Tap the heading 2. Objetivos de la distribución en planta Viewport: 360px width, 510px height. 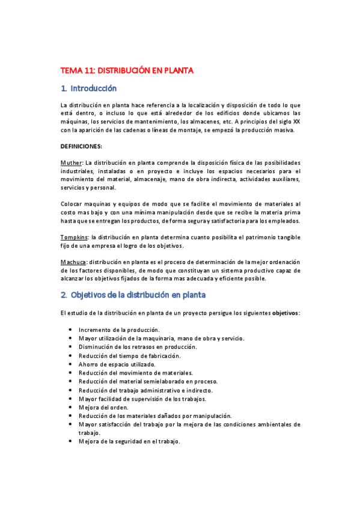pos(133,295)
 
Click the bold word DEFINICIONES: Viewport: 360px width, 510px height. pos(81,146)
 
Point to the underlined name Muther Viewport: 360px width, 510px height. pos(72,163)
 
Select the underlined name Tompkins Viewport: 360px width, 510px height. pos(75,237)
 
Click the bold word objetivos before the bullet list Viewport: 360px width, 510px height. pos(285,313)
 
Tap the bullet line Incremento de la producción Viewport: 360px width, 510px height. pos(118,330)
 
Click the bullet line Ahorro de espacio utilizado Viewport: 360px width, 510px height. pos(117,364)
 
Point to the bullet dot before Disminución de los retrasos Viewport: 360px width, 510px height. pos(71,347)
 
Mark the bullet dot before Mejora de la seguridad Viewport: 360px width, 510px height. pos(71,441)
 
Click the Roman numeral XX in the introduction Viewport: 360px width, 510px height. pos(296,121)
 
